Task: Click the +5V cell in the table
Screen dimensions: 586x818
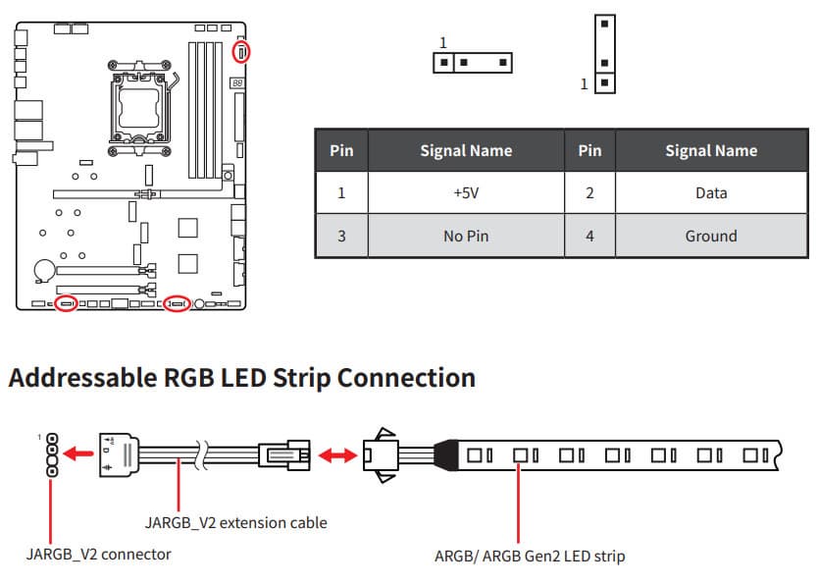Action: pos(466,192)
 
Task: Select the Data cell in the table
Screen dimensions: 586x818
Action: pos(711,192)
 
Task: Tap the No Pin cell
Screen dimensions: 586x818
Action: pos(466,236)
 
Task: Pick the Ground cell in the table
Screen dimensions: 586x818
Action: pos(711,236)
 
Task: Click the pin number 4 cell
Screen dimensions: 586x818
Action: pos(589,236)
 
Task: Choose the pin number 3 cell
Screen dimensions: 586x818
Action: pos(341,236)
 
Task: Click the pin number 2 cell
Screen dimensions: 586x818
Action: pos(589,192)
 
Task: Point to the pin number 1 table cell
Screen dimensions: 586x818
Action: pos(341,192)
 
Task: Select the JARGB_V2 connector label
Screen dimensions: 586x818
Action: pos(98,555)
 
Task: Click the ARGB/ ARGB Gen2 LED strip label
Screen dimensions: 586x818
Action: pos(529,556)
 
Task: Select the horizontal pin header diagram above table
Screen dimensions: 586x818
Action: pos(473,62)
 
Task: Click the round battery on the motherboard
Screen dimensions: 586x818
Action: pos(44,268)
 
